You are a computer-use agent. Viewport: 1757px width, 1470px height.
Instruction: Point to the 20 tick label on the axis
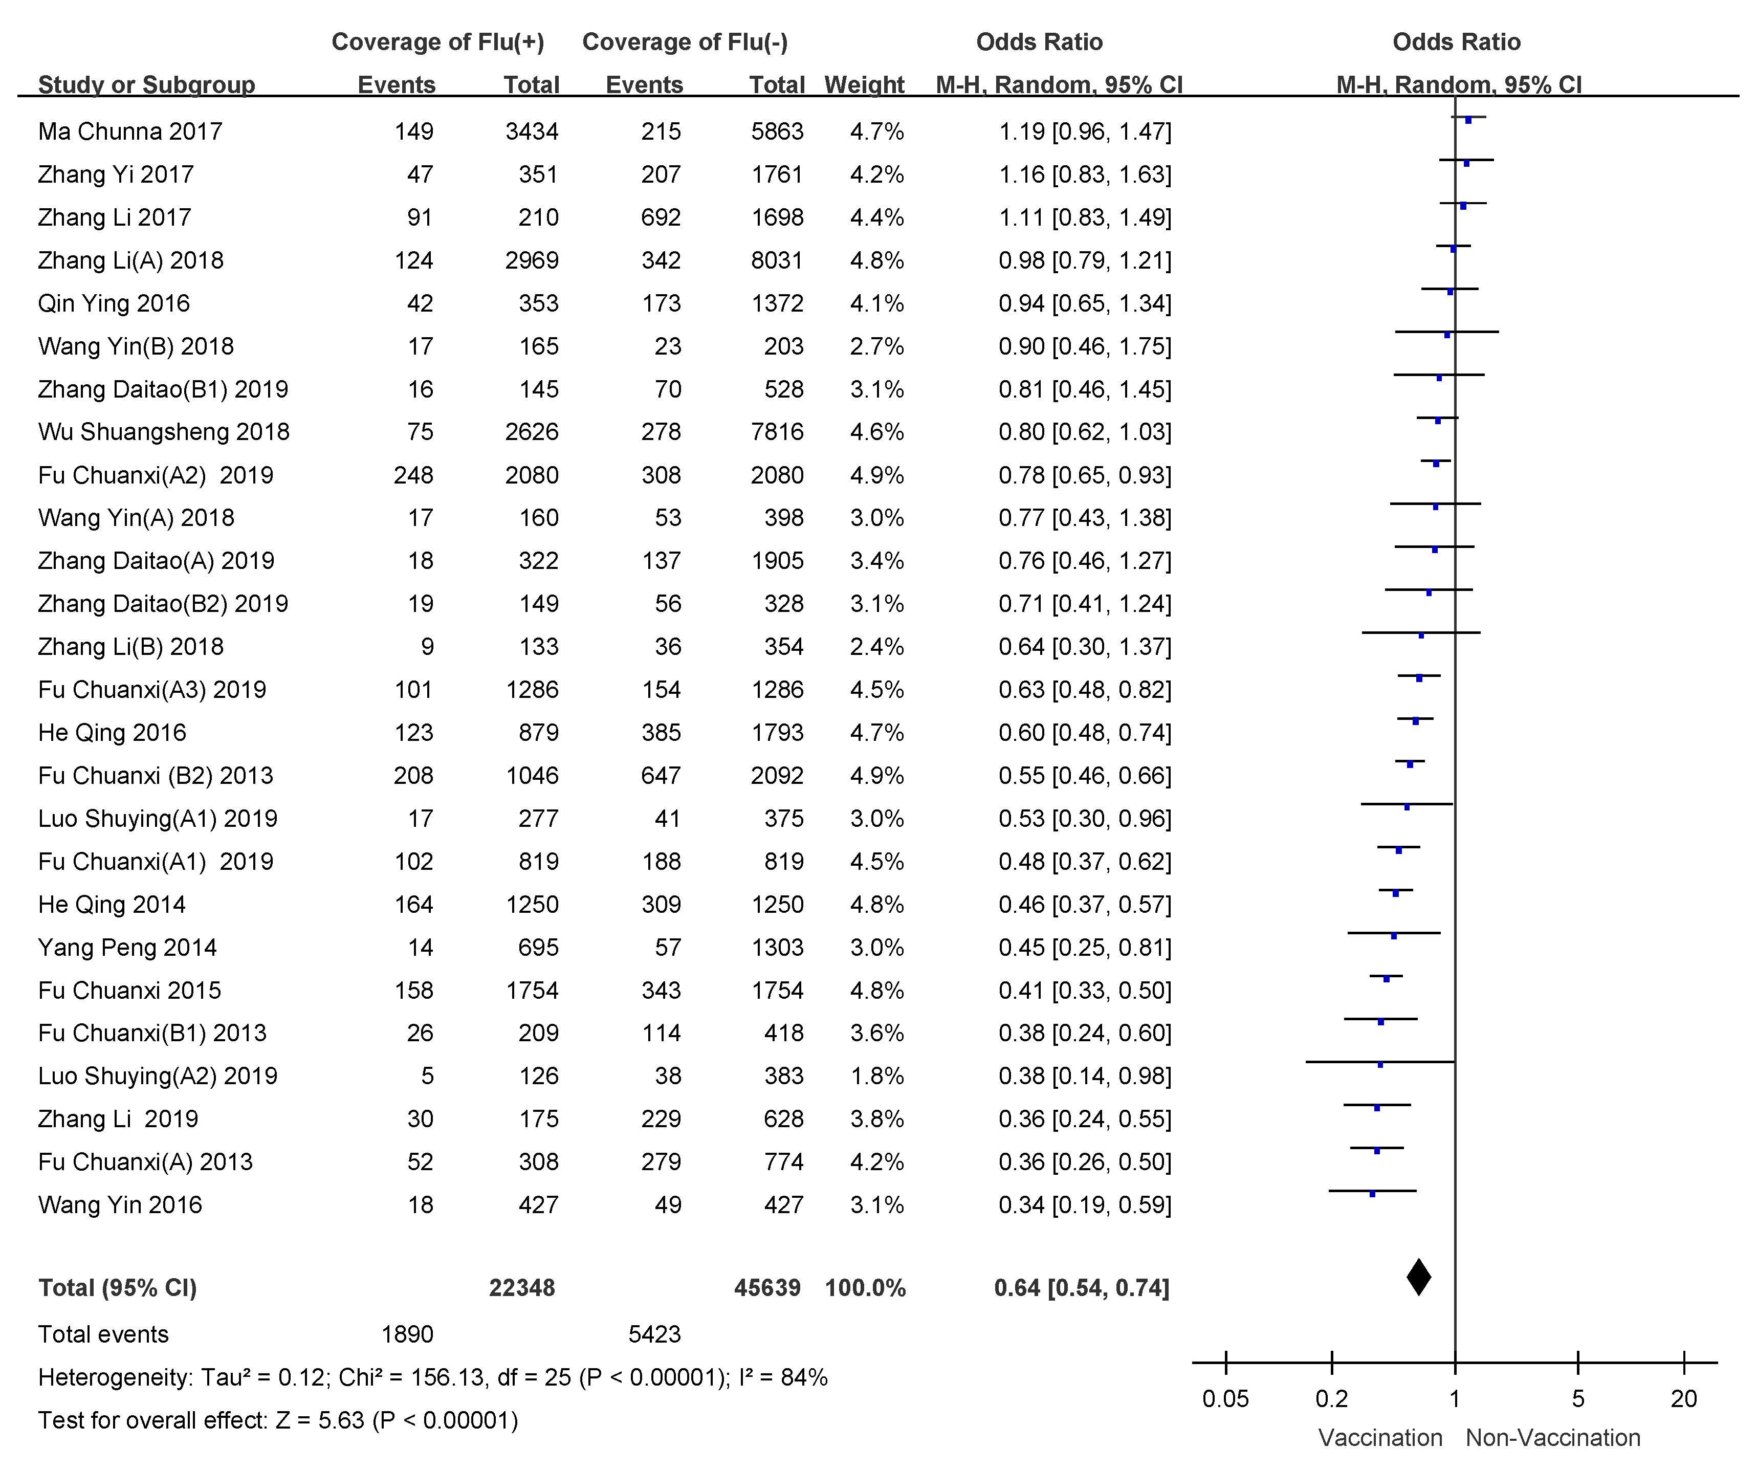coord(1683,1399)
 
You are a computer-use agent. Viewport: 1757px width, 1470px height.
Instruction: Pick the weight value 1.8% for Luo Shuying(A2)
coord(877,1076)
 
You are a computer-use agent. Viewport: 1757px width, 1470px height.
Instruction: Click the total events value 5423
coord(654,1334)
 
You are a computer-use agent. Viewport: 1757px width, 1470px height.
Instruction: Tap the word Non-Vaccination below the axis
coord(1553,1438)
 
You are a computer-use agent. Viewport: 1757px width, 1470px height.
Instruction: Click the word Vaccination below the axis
coord(1380,1438)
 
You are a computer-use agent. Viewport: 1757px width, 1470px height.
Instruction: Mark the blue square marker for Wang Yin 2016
coord(1372,1194)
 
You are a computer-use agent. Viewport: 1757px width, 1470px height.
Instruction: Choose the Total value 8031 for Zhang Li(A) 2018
coord(777,260)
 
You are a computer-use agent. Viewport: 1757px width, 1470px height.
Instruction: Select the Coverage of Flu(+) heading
coord(437,42)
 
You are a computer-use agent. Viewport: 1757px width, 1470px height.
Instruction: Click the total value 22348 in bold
coord(522,1288)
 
